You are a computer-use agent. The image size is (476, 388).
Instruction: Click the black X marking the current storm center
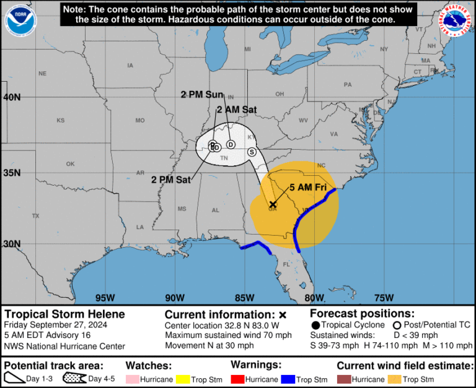tap(273, 204)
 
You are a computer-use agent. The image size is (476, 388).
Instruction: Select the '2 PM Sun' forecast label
tap(201, 95)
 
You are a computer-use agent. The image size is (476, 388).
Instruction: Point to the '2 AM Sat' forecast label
tap(236, 110)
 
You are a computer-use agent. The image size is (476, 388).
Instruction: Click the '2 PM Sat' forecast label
tap(170, 180)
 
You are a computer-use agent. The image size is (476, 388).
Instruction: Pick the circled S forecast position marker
tap(252, 152)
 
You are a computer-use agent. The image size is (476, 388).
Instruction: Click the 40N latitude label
tap(11, 97)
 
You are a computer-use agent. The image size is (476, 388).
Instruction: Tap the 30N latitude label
tap(11, 244)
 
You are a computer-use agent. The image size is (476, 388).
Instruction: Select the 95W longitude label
tap(105, 297)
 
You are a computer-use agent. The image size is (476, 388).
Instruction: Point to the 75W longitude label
tap(384, 297)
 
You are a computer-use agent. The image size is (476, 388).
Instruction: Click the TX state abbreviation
tap(35, 216)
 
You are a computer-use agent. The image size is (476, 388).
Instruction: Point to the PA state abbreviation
tap(347, 84)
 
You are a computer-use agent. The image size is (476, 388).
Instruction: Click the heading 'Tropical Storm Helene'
tap(64, 314)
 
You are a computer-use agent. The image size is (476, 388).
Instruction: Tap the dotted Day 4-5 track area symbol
tap(74, 377)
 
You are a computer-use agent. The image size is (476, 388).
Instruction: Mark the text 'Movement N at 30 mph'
tap(209, 345)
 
